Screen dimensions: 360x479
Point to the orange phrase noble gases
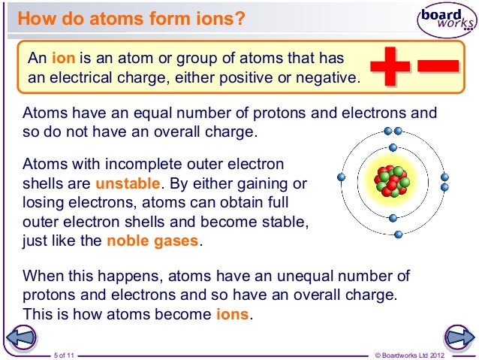click(x=153, y=242)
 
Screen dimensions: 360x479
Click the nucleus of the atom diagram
click(x=392, y=178)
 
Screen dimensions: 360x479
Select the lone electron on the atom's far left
click(x=342, y=178)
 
